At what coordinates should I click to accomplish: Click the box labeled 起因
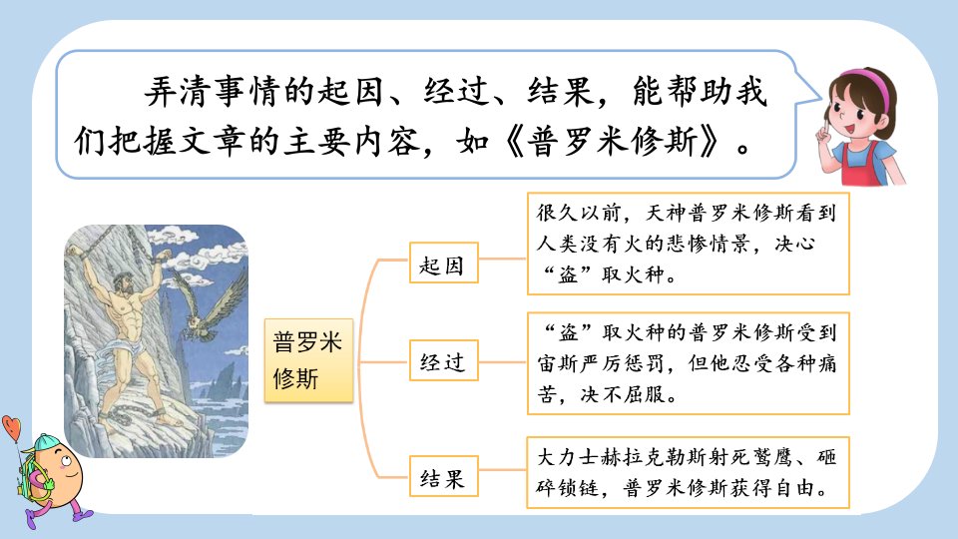(443, 263)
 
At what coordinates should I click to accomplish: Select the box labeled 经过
(443, 360)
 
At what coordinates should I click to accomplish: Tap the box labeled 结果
(443, 476)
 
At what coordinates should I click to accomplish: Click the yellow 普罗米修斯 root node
(308, 360)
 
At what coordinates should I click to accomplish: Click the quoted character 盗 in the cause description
(568, 274)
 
